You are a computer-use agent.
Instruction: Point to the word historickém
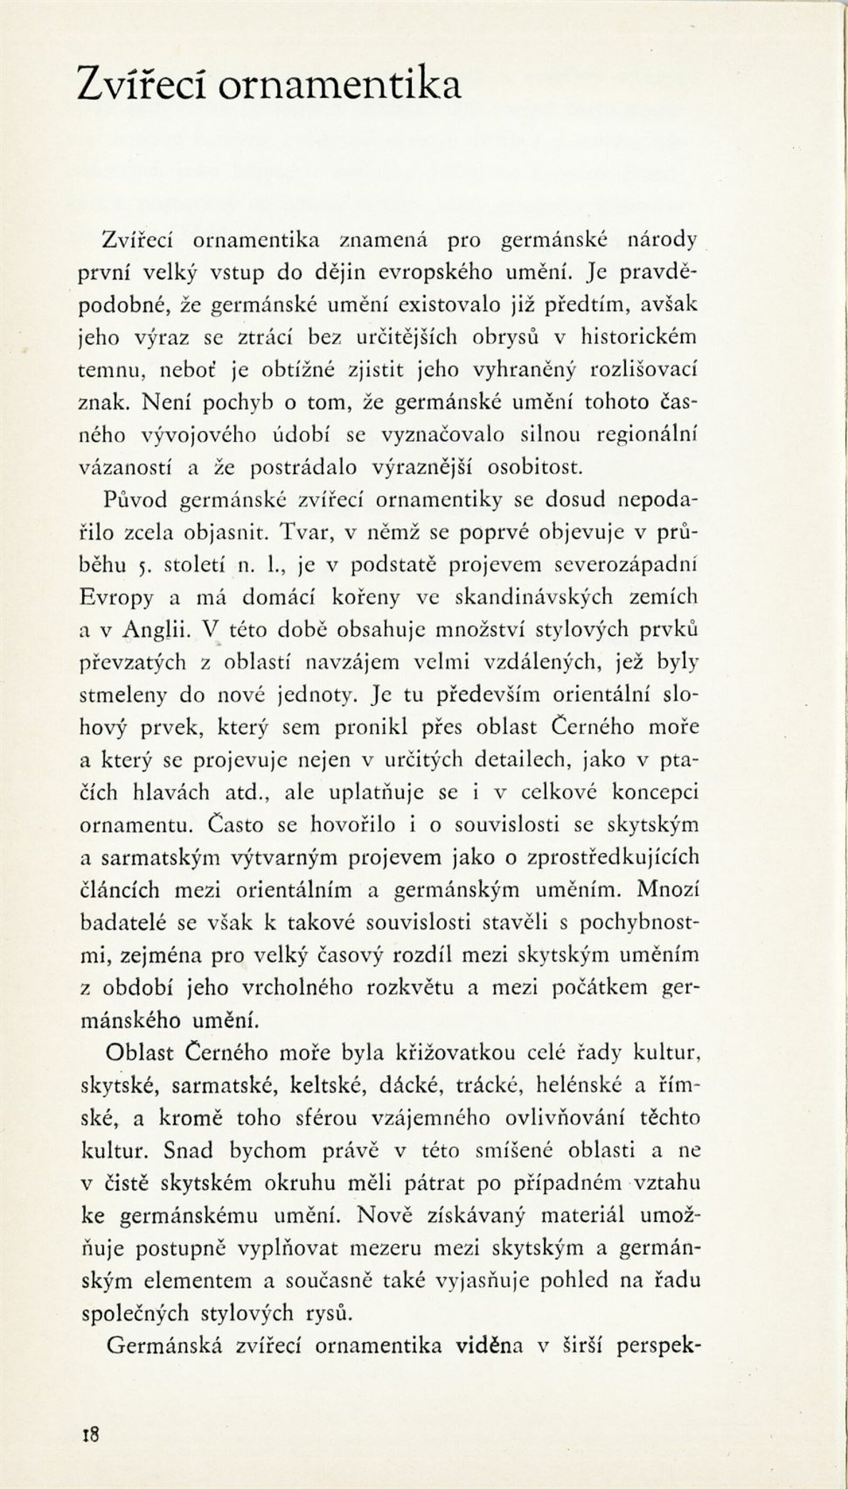[639, 337]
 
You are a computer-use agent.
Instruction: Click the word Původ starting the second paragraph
[136, 500]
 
